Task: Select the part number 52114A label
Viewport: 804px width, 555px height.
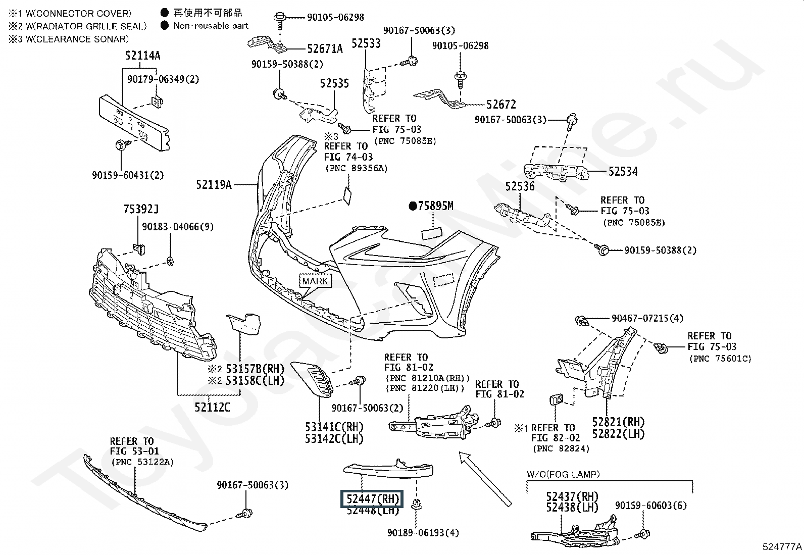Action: pyautogui.click(x=142, y=56)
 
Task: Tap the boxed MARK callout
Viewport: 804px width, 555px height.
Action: pyautogui.click(x=315, y=281)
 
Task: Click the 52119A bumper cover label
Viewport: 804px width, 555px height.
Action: pyautogui.click(x=214, y=185)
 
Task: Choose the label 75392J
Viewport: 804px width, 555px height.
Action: pyautogui.click(x=141, y=209)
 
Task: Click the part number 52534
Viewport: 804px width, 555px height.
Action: pyautogui.click(x=623, y=172)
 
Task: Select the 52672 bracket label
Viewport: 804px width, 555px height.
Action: pyautogui.click(x=501, y=105)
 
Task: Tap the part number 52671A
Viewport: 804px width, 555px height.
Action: pyautogui.click(x=325, y=49)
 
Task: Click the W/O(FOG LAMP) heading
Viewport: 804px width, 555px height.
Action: pyautogui.click(x=563, y=474)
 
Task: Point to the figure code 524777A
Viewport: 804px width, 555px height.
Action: pyautogui.click(x=782, y=547)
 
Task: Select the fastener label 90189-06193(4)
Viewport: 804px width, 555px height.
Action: pyautogui.click(x=423, y=533)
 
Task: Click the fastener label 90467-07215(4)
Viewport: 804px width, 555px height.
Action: pyautogui.click(x=647, y=318)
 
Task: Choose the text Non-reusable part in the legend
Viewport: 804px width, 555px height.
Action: pyautogui.click(x=211, y=25)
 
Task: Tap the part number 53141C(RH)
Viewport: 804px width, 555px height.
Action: pyautogui.click(x=334, y=427)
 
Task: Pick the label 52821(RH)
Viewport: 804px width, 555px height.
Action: pyautogui.click(x=618, y=422)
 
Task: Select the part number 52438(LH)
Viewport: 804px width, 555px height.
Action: pyautogui.click(x=572, y=508)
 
